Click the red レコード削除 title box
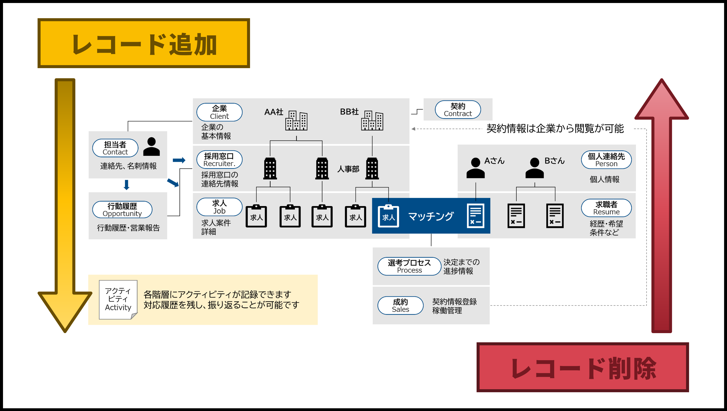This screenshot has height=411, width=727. pos(582,367)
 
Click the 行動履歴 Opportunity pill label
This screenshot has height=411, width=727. pos(122,209)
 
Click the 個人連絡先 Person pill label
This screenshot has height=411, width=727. pos(606,160)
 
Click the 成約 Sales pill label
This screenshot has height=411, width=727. pos(400,305)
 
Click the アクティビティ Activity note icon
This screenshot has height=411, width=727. pos(118,300)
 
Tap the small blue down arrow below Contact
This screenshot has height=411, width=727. pos(127,185)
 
